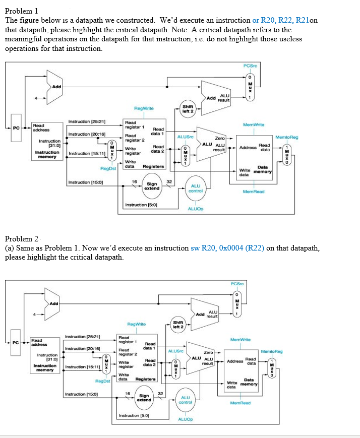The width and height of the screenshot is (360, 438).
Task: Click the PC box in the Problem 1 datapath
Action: point(16,128)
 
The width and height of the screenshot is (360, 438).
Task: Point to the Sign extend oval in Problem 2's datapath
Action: point(144,397)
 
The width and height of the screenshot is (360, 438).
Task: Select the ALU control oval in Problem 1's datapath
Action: point(195,188)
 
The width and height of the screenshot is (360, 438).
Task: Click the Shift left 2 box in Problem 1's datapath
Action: point(188,108)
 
